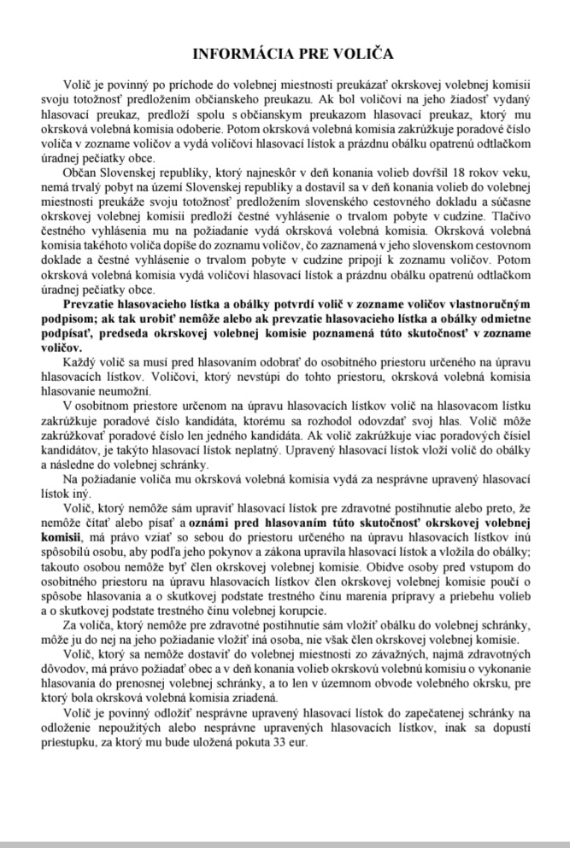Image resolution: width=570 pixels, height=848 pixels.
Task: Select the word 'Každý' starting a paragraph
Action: (x=79, y=366)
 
